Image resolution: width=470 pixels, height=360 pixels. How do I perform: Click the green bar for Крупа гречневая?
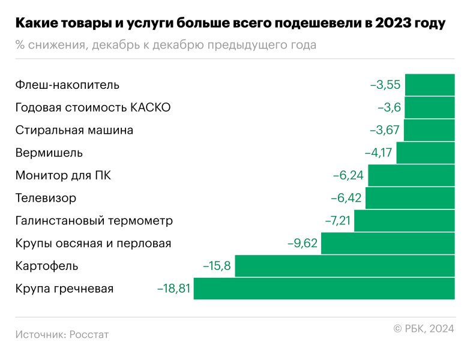pyautogui.click(x=324, y=289)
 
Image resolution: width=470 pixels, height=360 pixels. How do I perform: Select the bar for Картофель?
pyautogui.click(x=345, y=266)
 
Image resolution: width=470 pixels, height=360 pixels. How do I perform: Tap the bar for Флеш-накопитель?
pyautogui.click(x=430, y=85)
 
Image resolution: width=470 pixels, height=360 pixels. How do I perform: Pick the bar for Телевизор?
pyautogui.click(x=410, y=198)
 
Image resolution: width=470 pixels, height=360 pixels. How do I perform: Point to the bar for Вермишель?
pyautogui.click(x=426, y=153)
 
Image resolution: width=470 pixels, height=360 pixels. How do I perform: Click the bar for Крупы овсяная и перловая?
pyautogui.click(x=388, y=244)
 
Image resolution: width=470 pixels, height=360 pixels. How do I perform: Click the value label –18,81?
pyautogui.click(x=173, y=289)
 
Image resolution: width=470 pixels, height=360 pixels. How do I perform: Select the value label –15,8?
pyautogui.click(x=216, y=266)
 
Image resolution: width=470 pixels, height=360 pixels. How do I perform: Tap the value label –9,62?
pyautogui.click(x=303, y=244)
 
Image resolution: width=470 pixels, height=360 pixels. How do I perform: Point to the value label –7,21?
pyautogui.click(x=337, y=221)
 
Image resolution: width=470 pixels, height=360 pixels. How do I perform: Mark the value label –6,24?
pyautogui.click(x=348, y=176)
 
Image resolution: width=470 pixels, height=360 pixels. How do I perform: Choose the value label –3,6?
pyautogui.click(x=388, y=107)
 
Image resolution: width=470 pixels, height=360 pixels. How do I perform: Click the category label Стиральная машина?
pyautogui.click(x=74, y=130)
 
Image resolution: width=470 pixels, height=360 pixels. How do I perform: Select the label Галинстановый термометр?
pyautogui.click(x=94, y=221)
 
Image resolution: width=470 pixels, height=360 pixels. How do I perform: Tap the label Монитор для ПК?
pyautogui.click(x=63, y=176)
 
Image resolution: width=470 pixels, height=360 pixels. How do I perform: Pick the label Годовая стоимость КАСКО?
pyautogui.click(x=93, y=107)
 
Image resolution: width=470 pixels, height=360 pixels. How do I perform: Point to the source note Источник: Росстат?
pyautogui.click(x=62, y=334)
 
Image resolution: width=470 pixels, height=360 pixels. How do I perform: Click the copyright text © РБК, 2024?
pyautogui.click(x=423, y=328)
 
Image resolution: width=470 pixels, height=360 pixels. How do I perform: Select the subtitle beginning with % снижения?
pyautogui.click(x=165, y=46)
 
